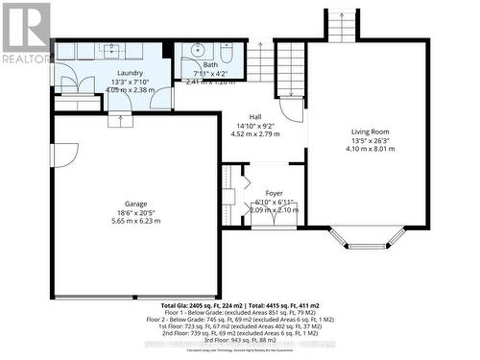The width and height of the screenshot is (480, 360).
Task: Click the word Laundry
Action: [x=131, y=73]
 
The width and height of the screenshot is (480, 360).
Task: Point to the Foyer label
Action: [x=275, y=193]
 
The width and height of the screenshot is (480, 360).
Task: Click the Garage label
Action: [x=135, y=204]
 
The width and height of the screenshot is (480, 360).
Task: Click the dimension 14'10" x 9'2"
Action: [x=256, y=125]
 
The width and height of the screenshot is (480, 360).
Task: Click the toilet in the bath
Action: [x=227, y=52]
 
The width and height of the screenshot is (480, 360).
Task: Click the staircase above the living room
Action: [x=342, y=25]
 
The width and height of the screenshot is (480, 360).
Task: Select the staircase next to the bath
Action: [x=262, y=61]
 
